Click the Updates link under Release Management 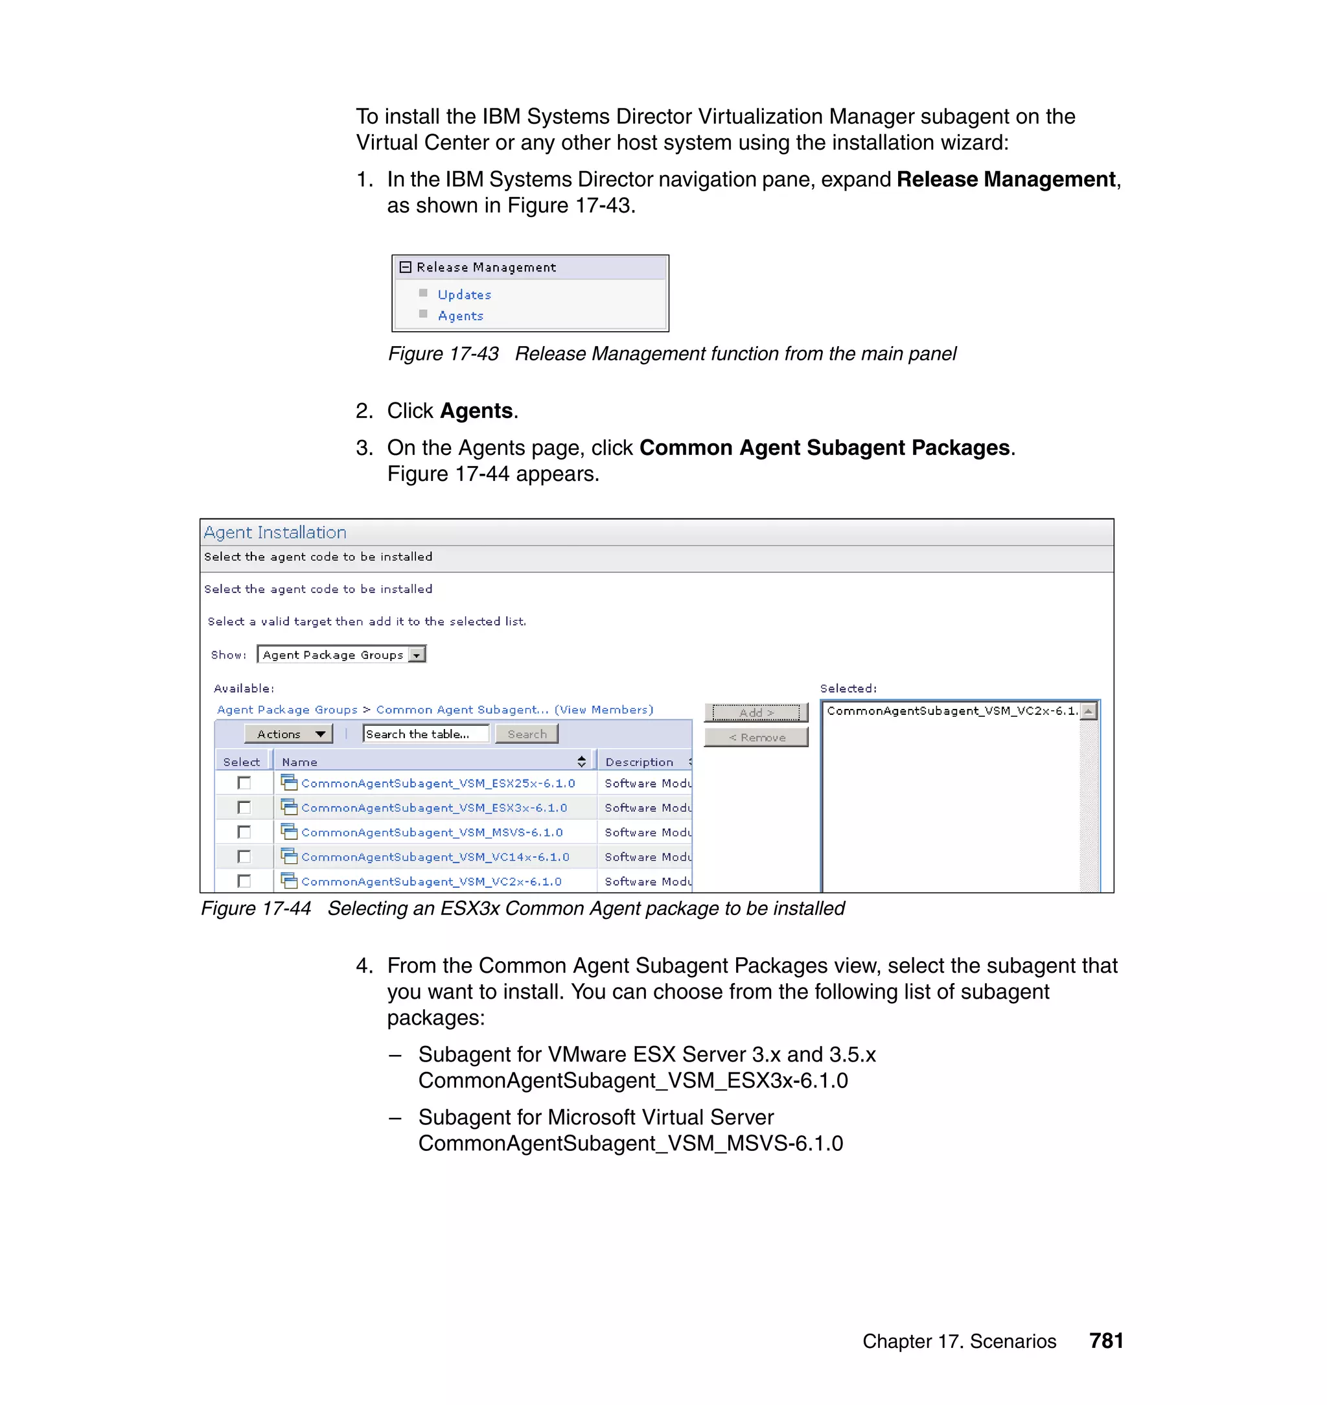click(464, 294)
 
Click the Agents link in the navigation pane click(461, 316)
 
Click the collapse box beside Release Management click(406, 268)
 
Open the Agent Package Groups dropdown click(417, 655)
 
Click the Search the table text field click(425, 734)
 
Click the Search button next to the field click(527, 734)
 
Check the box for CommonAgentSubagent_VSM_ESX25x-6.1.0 click(244, 783)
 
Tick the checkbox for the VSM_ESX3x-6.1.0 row click(244, 807)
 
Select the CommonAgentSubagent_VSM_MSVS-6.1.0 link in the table click(432, 833)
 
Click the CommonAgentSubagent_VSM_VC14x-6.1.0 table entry click(434, 857)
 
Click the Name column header click(300, 762)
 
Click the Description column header click(640, 762)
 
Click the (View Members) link click(603, 710)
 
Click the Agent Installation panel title click(275, 533)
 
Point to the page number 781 click(1106, 1341)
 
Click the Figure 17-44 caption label click(256, 909)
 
